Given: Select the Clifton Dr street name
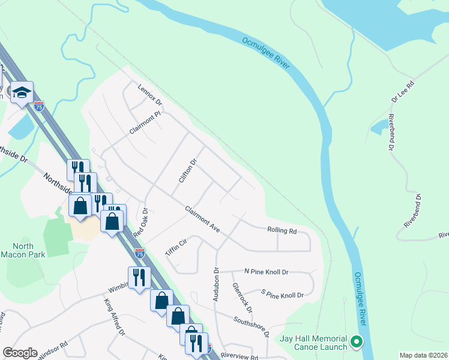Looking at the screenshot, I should (x=188, y=170).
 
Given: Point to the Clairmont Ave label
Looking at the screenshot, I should (x=203, y=218).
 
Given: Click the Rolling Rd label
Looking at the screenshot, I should (x=282, y=230).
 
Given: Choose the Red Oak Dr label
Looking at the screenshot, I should (x=140, y=222).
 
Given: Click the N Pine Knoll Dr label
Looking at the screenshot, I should (x=266, y=272).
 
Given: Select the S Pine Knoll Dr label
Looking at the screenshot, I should (x=282, y=295).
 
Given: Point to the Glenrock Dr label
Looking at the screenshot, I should (x=242, y=297).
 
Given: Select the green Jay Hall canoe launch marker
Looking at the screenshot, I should (x=357, y=342).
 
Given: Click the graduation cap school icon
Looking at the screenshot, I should (x=22, y=93).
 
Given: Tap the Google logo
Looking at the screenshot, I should (x=20, y=353).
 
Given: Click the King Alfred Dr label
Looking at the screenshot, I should (x=115, y=316).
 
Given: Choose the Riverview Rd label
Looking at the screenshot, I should (x=239, y=356).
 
